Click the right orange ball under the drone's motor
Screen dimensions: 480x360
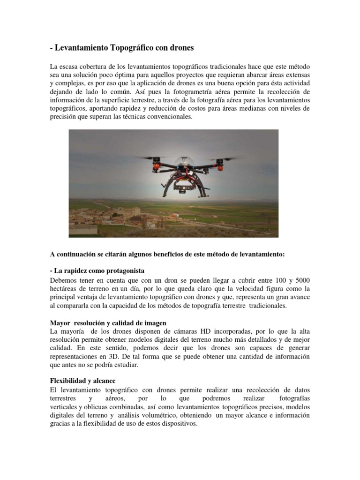click(x=217, y=166)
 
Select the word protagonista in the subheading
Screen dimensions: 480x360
click(x=120, y=271)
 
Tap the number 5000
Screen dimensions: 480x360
click(x=300, y=280)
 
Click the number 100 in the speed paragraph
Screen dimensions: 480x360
click(x=268, y=280)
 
